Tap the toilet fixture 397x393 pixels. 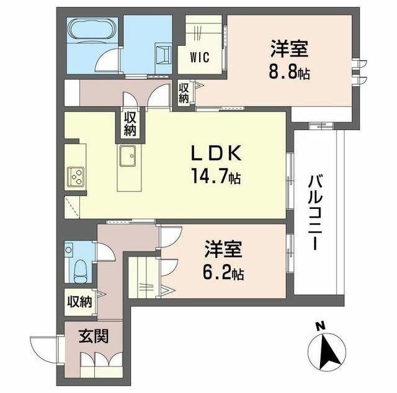pyautogui.click(x=79, y=268)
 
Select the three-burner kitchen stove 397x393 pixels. pyautogui.click(x=76, y=178)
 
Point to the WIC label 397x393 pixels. pyautogui.click(x=199, y=57)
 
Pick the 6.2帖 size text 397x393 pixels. pyautogui.click(x=224, y=272)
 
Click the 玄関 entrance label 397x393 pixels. pyautogui.click(x=94, y=337)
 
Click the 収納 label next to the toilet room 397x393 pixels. pyautogui.click(x=80, y=302)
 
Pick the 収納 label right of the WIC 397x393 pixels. pyautogui.click(x=184, y=92)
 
